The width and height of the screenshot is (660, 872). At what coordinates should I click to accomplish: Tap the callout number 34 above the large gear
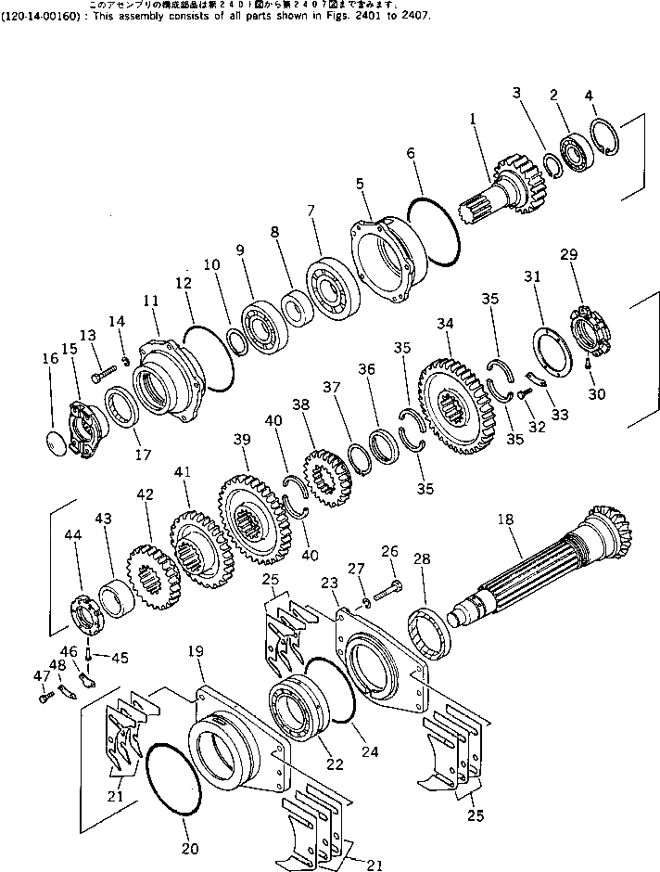pos(445,324)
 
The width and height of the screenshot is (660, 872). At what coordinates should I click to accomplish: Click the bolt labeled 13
pos(101,377)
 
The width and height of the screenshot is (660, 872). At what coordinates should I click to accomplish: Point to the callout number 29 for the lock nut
pos(568,253)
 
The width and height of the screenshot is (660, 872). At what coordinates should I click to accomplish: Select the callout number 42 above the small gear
pos(144,495)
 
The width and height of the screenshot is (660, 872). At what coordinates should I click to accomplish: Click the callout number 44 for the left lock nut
pos(72,534)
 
